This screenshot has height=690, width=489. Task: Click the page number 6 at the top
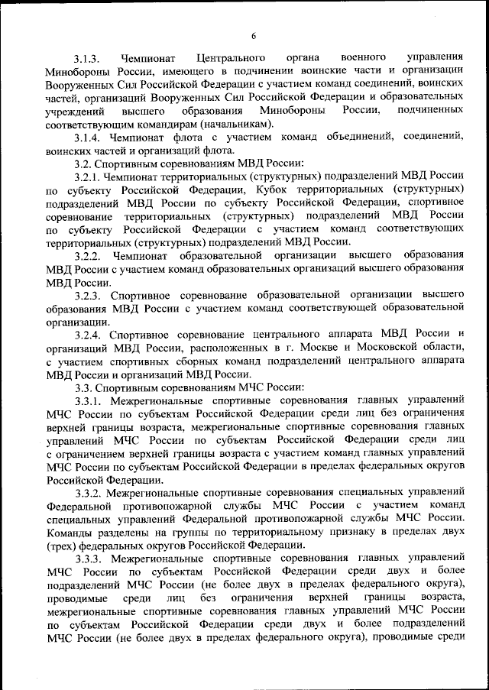pyautogui.click(x=252, y=34)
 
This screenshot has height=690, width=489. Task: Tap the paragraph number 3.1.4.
pyautogui.click(x=89, y=138)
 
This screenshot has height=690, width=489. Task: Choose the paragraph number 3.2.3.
pyautogui.click(x=89, y=294)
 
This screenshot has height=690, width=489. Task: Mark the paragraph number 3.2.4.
pyautogui.click(x=89, y=335)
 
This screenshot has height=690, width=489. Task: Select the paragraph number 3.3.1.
pyautogui.click(x=89, y=400)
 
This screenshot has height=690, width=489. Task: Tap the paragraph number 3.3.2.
pyautogui.click(x=89, y=493)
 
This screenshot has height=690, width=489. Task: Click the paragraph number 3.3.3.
pyautogui.click(x=89, y=559)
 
